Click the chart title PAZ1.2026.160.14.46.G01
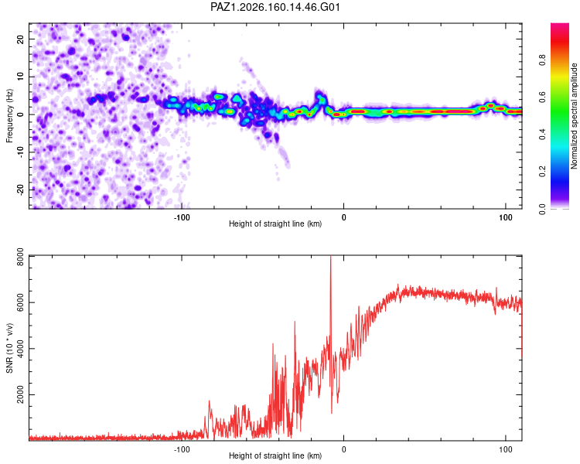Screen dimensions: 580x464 pos(275,7)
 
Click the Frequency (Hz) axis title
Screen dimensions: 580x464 pos(9,116)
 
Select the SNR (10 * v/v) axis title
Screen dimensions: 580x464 pos(9,348)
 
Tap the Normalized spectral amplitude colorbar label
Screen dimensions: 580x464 pos(574,116)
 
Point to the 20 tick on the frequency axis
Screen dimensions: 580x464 pos(20,39)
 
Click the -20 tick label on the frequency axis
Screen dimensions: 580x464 pos(20,189)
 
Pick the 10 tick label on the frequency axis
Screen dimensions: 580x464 pos(20,77)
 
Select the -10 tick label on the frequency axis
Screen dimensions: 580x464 pos(20,152)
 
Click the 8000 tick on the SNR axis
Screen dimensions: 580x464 pos(20,257)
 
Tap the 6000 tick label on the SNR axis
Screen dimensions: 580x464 pos(20,302)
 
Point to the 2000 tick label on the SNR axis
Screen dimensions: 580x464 pos(20,394)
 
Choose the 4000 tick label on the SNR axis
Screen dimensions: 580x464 pos(20,349)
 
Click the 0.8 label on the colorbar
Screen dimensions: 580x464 pos(542,60)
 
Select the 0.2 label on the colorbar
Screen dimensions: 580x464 pos(542,172)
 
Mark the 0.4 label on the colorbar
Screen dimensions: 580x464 pos(542,135)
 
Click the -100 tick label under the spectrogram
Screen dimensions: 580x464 pos(182,217)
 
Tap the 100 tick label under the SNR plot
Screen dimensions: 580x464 pos(506,449)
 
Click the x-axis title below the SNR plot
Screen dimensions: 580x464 pos(275,455)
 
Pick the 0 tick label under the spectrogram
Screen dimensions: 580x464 pos(343,217)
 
